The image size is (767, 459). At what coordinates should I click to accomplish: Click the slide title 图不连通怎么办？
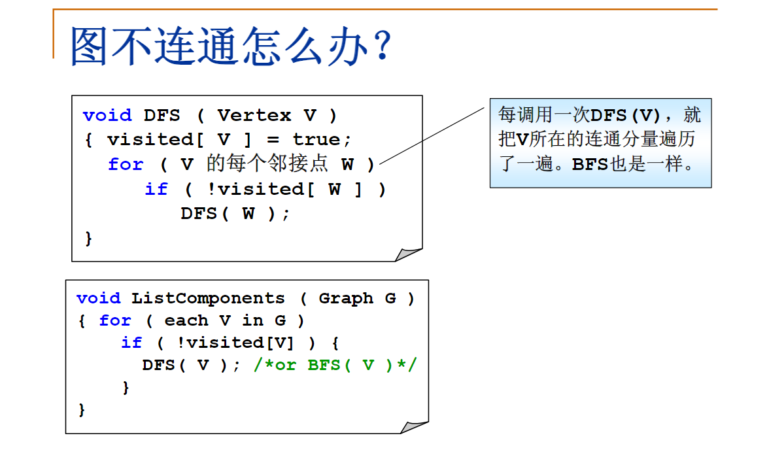click(x=231, y=46)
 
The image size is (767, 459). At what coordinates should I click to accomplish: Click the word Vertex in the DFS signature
click(x=254, y=116)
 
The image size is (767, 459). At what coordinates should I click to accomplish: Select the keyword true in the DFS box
click(x=316, y=140)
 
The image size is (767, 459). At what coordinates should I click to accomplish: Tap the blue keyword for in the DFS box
click(x=126, y=164)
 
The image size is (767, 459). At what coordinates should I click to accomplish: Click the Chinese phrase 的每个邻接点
click(x=267, y=163)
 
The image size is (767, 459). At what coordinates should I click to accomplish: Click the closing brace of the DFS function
click(x=89, y=238)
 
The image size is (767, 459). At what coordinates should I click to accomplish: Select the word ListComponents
click(x=209, y=299)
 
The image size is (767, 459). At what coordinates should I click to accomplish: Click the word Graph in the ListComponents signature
click(x=346, y=299)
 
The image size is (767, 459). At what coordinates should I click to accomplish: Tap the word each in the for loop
click(x=186, y=320)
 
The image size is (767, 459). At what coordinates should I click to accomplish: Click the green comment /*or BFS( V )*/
click(x=335, y=365)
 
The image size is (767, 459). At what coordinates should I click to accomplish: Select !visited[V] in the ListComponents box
click(x=235, y=343)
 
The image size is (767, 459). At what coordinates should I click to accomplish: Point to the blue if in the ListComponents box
click(x=131, y=343)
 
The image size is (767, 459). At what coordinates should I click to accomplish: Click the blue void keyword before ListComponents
click(x=99, y=299)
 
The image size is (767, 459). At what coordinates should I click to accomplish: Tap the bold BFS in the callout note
click(x=590, y=164)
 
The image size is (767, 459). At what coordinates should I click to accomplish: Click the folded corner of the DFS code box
click(x=409, y=254)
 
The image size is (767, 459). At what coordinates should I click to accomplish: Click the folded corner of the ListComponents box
click(x=416, y=426)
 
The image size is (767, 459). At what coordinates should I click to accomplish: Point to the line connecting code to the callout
click(x=432, y=135)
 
